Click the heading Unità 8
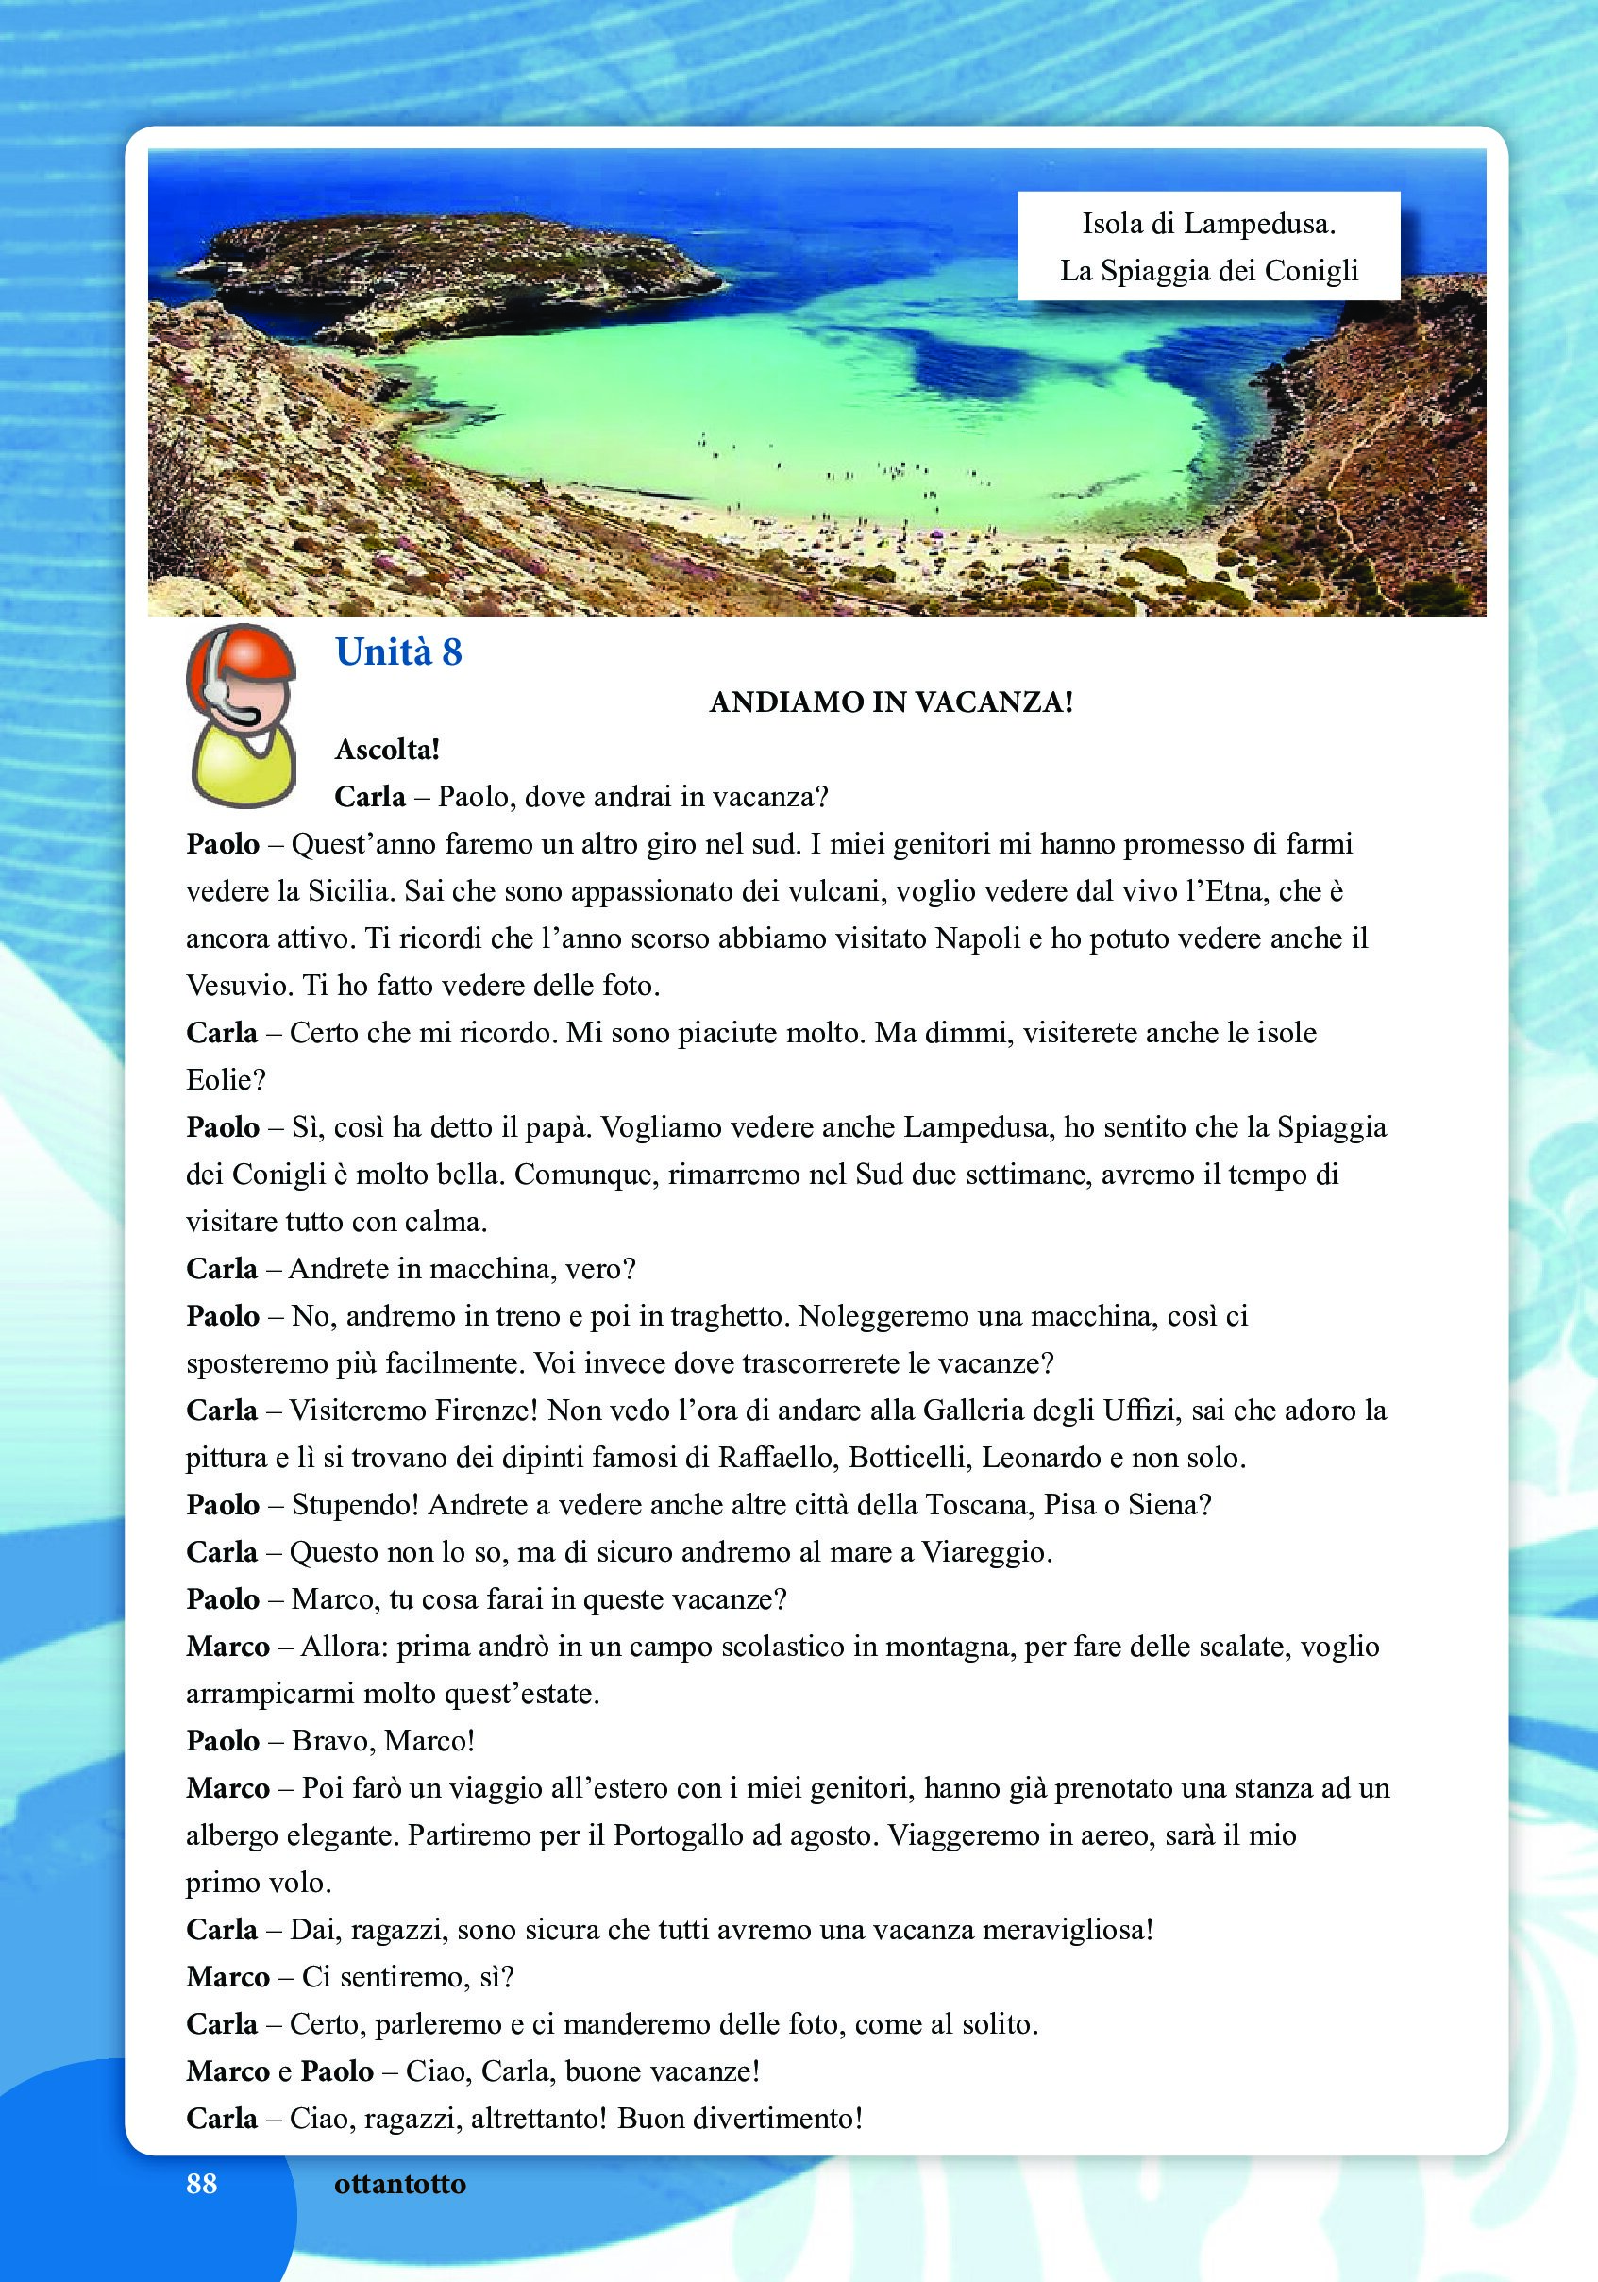click(398, 653)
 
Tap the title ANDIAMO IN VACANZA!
click(891, 702)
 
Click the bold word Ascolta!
click(388, 750)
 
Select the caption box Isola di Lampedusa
click(1208, 246)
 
